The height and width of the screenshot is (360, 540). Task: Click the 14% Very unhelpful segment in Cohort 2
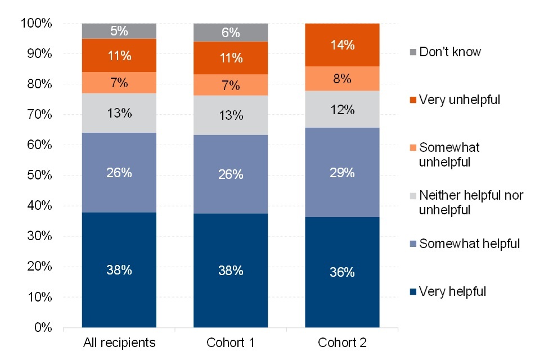pos(342,45)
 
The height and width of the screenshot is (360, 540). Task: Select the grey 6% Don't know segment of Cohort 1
pos(231,33)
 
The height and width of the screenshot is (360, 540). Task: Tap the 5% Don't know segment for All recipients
pos(119,31)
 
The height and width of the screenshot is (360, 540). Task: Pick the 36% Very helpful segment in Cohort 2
pos(342,272)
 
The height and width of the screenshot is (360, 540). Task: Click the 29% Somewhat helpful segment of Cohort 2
pos(342,172)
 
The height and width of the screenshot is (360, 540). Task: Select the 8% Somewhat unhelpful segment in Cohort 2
pos(342,79)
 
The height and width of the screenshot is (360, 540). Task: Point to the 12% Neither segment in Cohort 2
pos(342,110)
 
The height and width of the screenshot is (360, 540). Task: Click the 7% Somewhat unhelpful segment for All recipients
pos(119,83)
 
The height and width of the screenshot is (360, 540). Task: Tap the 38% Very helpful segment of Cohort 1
pos(231,270)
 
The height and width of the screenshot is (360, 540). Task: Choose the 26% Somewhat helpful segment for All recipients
pos(119,173)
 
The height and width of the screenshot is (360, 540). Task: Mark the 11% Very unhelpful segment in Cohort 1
pos(231,58)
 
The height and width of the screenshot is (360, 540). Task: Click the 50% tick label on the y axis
pos(39,175)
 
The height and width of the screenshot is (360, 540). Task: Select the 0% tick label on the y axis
pos(42,327)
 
